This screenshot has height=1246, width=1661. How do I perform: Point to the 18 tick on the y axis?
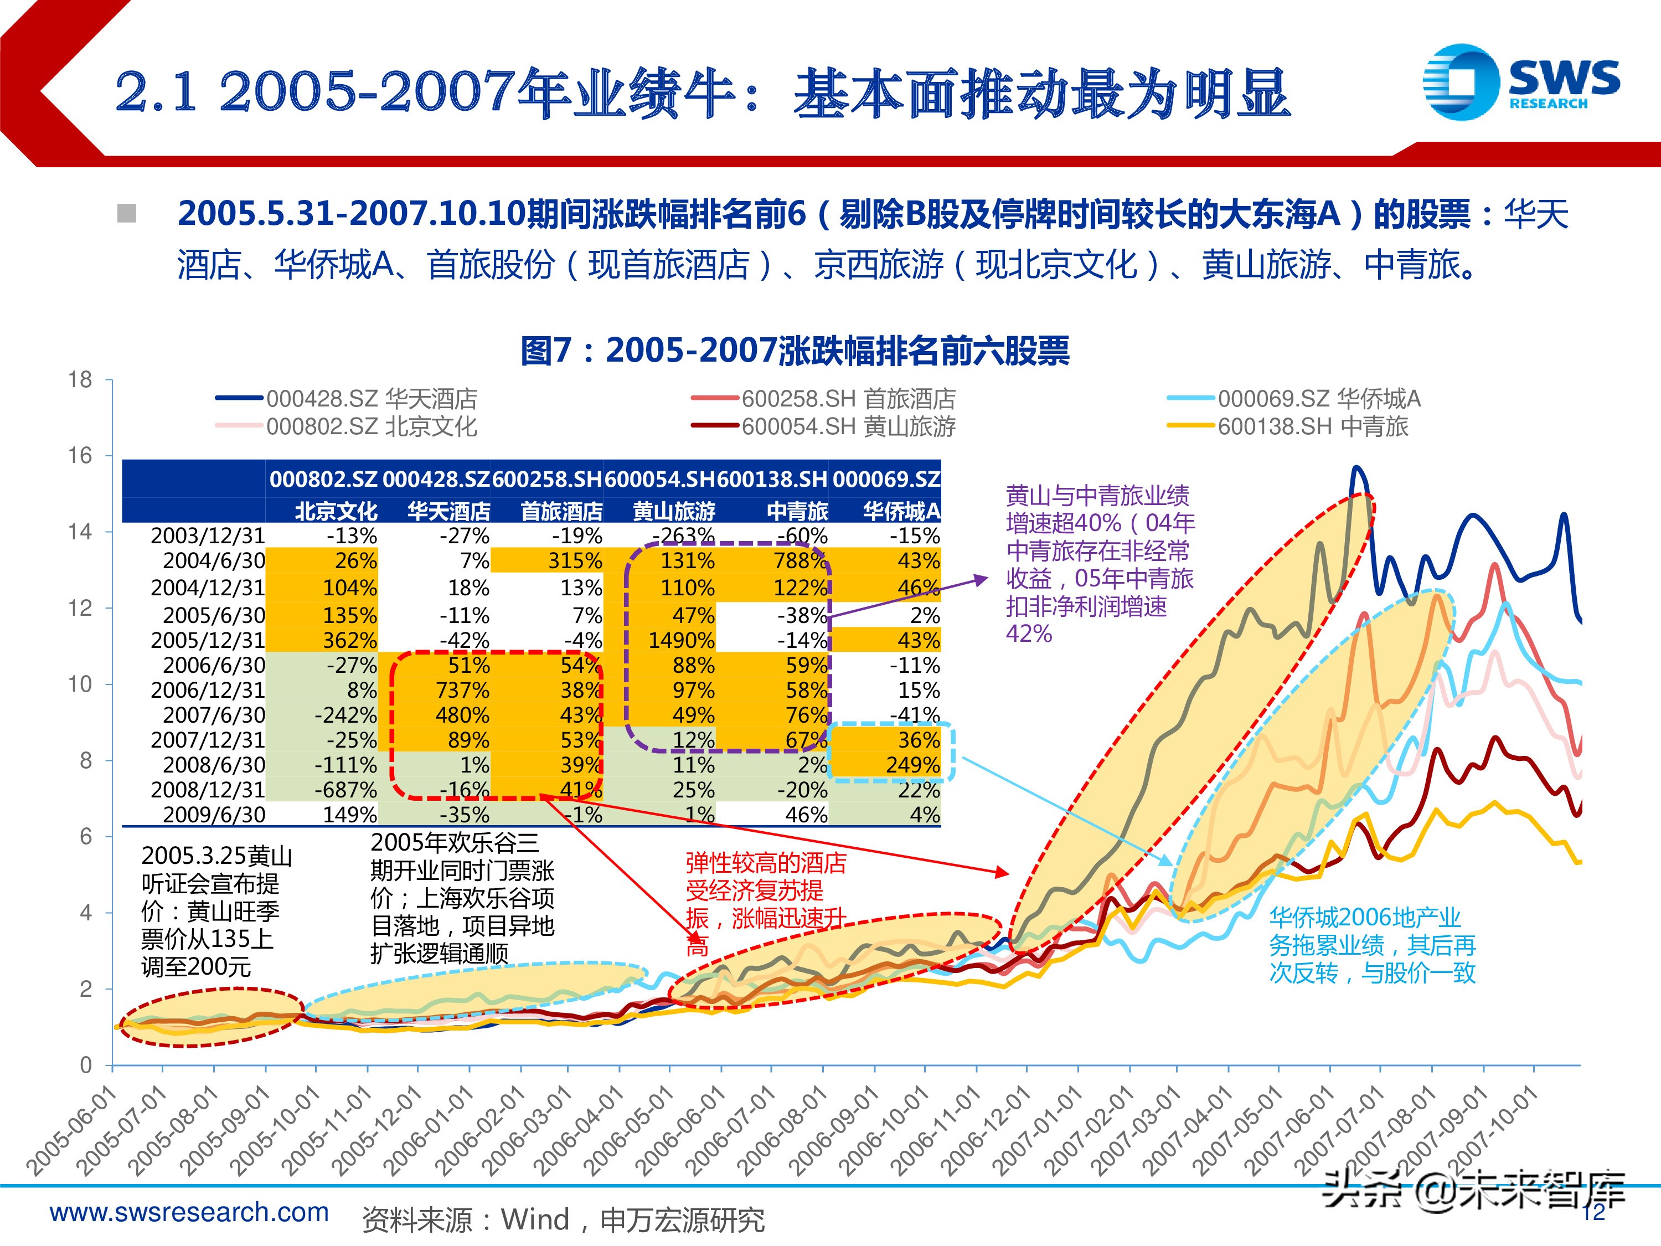point(80,380)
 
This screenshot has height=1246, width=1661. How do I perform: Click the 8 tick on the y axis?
point(86,760)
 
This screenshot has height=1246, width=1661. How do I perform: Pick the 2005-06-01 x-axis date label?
point(72,1130)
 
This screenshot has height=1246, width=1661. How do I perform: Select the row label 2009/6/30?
point(213,814)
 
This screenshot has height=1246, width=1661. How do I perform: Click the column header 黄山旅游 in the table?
point(674,512)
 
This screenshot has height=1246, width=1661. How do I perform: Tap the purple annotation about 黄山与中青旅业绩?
point(1098,563)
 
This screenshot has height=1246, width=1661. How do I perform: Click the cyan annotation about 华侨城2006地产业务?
point(1371,945)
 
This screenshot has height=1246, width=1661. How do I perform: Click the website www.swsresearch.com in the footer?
point(189,1212)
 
